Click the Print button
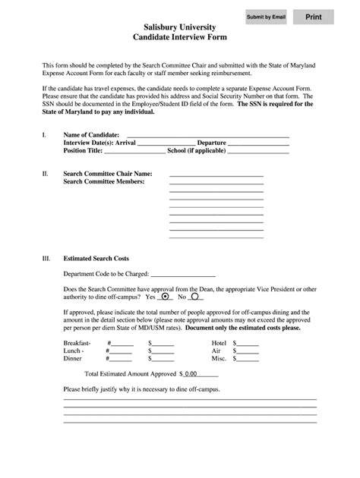[x=314, y=17]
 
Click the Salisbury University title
[x=180, y=26]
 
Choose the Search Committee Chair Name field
[x=216, y=174]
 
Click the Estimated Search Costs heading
[x=101, y=258]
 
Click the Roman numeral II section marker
[x=45, y=174]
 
